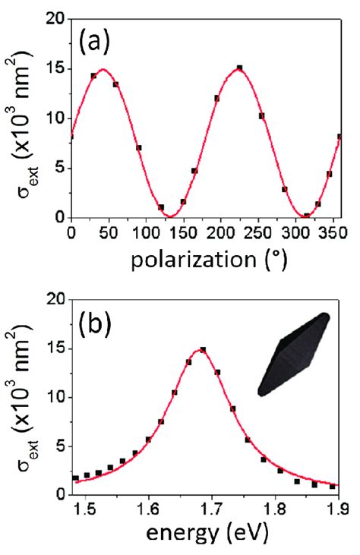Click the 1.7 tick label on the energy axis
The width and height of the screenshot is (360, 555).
[210, 511]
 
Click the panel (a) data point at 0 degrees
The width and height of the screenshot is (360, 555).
[71, 137]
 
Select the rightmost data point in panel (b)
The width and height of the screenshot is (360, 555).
[333, 486]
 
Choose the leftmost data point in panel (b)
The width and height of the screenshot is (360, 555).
[75, 478]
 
